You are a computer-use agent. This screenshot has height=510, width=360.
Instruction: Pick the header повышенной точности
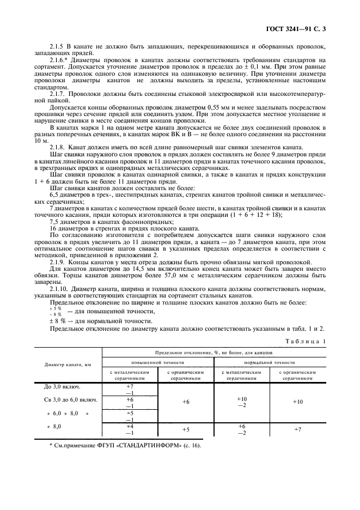(x=157, y=362)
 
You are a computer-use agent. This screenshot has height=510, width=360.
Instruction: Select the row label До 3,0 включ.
(x=62, y=387)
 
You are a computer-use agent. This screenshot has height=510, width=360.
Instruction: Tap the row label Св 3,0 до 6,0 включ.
(x=70, y=400)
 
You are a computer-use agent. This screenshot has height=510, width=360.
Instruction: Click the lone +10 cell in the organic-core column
(x=297, y=402)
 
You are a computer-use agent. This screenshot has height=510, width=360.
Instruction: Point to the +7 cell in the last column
(x=297, y=430)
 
